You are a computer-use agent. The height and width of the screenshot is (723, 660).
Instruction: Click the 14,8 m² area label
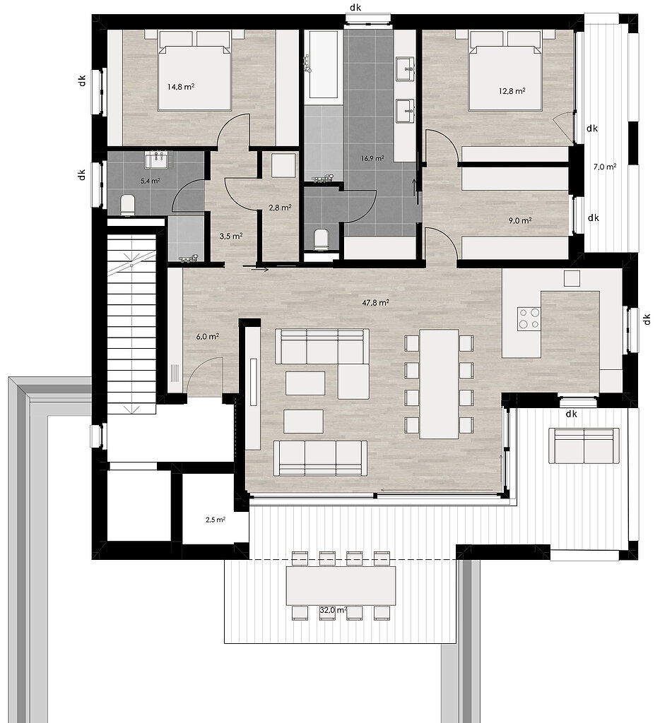[180, 87]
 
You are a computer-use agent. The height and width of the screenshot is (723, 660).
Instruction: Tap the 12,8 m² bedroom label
[512, 91]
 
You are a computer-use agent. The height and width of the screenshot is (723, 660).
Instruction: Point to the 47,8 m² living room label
[375, 303]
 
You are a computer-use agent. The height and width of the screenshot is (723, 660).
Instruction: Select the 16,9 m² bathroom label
[372, 158]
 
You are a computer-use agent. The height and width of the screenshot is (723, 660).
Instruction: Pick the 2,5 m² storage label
[216, 520]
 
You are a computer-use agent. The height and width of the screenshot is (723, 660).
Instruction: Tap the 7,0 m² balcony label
[605, 167]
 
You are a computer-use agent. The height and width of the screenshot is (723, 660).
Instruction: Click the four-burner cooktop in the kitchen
[529, 318]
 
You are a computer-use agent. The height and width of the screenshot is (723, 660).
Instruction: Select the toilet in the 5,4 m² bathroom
[127, 205]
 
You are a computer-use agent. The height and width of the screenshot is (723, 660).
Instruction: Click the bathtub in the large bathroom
[323, 64]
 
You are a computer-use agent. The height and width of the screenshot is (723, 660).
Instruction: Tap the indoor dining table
[439, 383]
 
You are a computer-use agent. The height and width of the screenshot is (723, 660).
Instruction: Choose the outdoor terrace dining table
[341, 585]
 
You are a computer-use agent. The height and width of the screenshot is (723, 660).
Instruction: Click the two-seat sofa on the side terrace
[584, 446]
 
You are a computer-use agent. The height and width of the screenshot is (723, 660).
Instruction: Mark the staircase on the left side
[132, 323]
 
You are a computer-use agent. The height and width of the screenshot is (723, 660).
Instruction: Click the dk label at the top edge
[355, 7]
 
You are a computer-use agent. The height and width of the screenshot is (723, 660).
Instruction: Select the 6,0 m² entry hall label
[207, 337]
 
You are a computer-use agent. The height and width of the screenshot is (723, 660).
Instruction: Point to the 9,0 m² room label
[520, 221]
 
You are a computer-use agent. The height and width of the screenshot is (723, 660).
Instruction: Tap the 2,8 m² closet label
[280, 208]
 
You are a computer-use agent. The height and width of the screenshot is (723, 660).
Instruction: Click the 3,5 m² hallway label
[231, 236]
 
